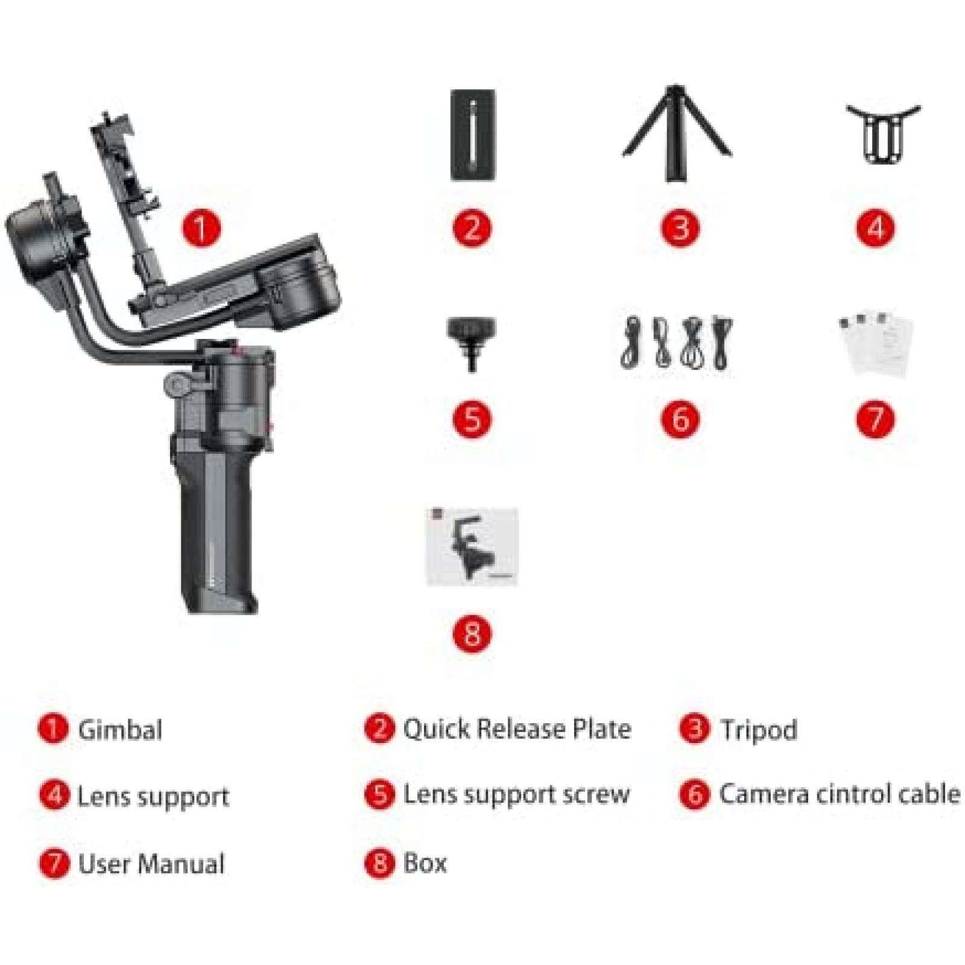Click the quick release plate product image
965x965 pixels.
pos(473,134)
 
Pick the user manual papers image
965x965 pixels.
pos(876,344)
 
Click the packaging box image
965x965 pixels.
pos(472,546)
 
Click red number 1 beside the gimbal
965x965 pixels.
pos(202,228)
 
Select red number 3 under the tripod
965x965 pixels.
pos(680,228)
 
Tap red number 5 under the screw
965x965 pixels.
pos(472,419)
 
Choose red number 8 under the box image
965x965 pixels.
pos(472,634)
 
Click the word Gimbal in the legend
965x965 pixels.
pos(120,730)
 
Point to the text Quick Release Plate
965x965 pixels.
pos(517,729)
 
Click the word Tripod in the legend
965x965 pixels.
pos(759,730)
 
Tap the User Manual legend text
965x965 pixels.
pos(151,864)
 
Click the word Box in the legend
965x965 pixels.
pos(425,863)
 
